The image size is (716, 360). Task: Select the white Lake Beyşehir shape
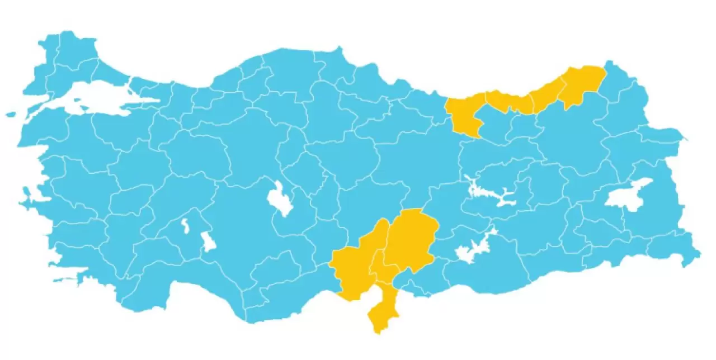208,242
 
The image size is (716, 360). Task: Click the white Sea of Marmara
89,98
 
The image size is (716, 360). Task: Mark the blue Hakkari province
680,246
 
